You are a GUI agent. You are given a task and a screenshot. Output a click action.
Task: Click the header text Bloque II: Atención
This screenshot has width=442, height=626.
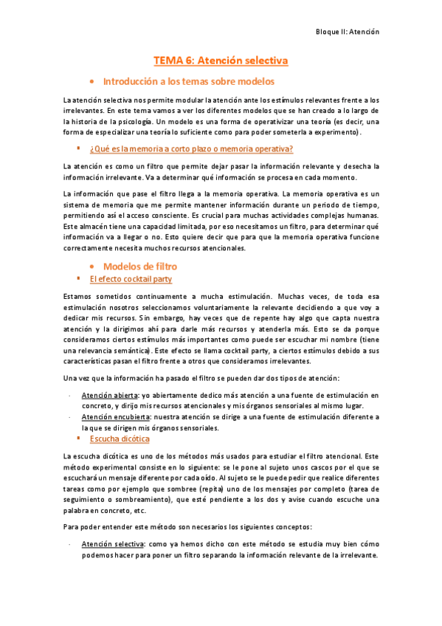point(346,32)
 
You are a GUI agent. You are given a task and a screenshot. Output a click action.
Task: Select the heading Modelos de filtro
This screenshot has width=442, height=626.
point(139,265)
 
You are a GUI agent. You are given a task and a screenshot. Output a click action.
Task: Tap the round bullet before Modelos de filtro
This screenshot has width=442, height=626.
point(91,266)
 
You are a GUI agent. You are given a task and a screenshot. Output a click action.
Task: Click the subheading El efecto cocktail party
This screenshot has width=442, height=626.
point(130,280)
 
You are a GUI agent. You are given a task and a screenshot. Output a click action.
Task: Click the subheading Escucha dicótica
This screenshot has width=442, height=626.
point(119,438)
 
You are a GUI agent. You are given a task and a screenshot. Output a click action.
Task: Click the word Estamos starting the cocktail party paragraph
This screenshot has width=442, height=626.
point(79,296)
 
